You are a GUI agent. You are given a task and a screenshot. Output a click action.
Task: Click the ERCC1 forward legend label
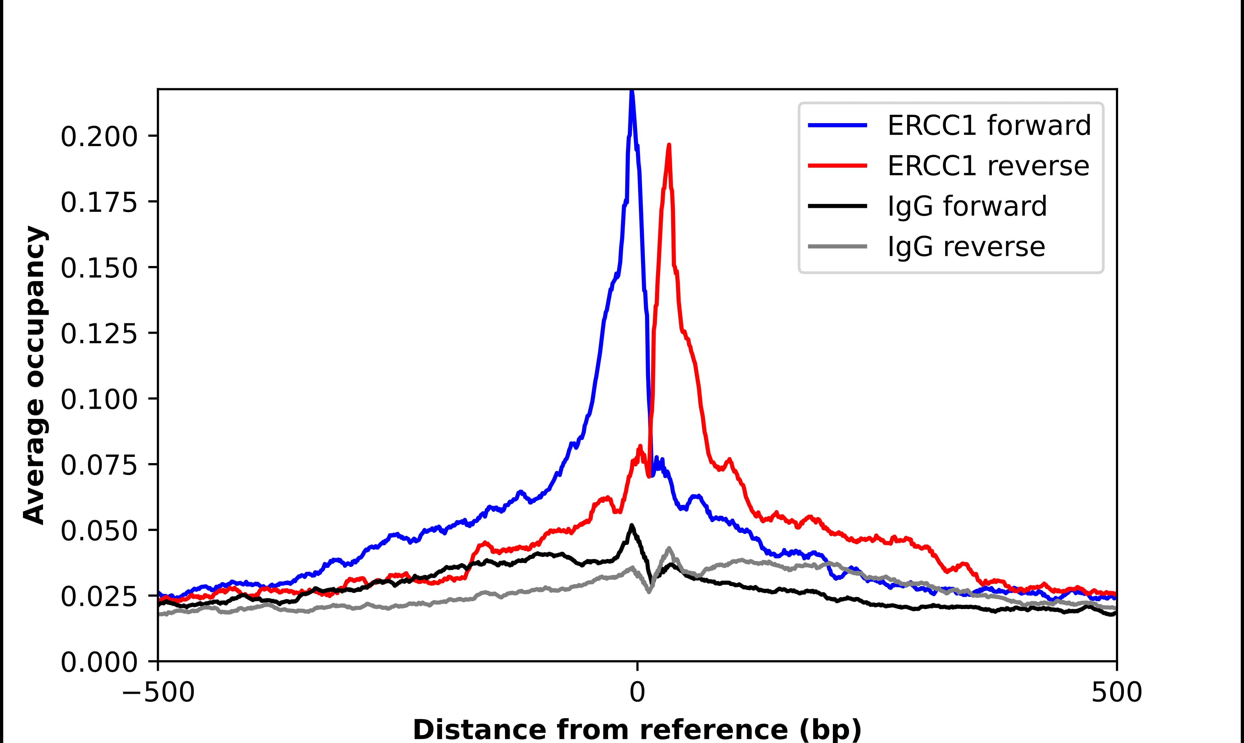pyautogui.click(x=989, y=125)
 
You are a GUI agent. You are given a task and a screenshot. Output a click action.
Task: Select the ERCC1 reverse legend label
pyautogui.click(x=988, y=166)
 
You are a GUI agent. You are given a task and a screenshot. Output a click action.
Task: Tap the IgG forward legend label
pyautogui.click(x=967, y=206)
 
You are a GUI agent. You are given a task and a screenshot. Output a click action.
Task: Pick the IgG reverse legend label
pyautogui.click(x=966, y=247)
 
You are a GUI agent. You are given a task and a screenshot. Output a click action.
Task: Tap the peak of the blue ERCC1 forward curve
pyautogui.click(x=632, y=92)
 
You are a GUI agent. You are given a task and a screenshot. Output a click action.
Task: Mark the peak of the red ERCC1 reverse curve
pyautogui.click(x=669, y=145)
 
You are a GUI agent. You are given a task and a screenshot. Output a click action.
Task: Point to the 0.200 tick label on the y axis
pyautogui.click(x=99, y=137)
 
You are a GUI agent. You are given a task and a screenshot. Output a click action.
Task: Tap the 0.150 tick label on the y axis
pyautogui.click(x=99, y=268)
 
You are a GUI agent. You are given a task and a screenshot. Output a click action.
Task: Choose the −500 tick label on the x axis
pyautogui.click(x=158, y=693)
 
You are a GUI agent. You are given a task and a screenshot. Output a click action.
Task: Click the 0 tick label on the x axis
pyautogui.click(x=637, y=693)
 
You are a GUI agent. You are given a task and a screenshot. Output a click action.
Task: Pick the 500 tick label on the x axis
pyautogui.click(x=1116, y=693)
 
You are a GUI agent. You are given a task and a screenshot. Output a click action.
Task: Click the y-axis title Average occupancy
pyautogui.click(x=35, y=375)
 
